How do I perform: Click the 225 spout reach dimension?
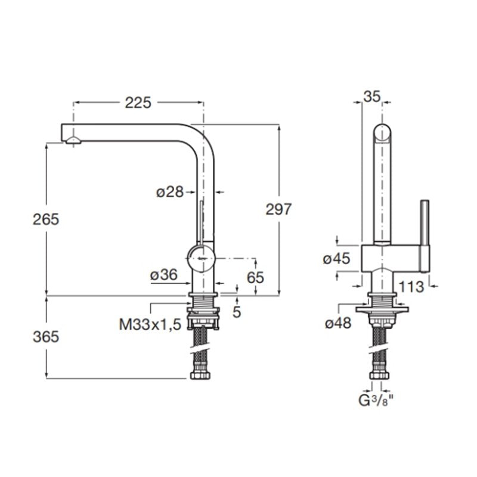coord(138,103)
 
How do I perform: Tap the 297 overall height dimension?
coord(278,209)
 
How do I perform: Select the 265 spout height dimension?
coord(46,219)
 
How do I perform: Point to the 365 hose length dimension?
coord(46,337)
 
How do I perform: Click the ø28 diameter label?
coord(170,192)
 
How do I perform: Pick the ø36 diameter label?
coord(164,275)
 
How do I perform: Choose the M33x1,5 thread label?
coord(150,324)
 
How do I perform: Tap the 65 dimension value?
coord(255,277)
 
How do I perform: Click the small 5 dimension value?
coord(237,311)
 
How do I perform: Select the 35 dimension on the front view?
coord(372,97)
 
